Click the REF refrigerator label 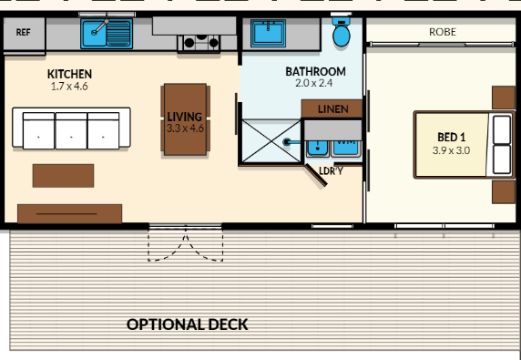pyautogui.click(x=24, y=32)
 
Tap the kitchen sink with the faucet pyautogui.click(x=107, y=33)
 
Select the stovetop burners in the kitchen pyautogui.click(x=199, y=43)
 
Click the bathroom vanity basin pyautogui.click(x=268, y=33)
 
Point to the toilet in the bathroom pyautogui.click(x=342, y=31)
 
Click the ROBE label pyautogui.click(x=443, y=32)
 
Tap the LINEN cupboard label pyautogui.click(x=333, y=109)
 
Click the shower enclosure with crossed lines pyautogui.click(x=271, y=141)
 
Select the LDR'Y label pyautogui.click(x=331, y=170)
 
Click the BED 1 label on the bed pyautogui.click(x=451, y=137)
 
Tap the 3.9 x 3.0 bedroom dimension pyautogui.click(x=451, y=150)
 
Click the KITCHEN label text pyautogui.click(x=69, y=74)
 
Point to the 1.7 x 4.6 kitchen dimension pyautogui.click(x=69, y=87)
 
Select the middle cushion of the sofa pyautogui.click(x=71, y=130)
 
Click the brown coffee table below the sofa pyautogui.click(x=63, y=176)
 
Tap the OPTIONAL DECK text pyautogui.click(x=188, y=324)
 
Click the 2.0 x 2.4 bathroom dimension pyautogui.click(x=314, y=83)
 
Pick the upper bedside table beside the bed pyautogui.click(x=504, y=98)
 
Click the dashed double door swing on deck pyautogui.click(x=186, y=244)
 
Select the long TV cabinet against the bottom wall pyautogui.click(x=70, y=214)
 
